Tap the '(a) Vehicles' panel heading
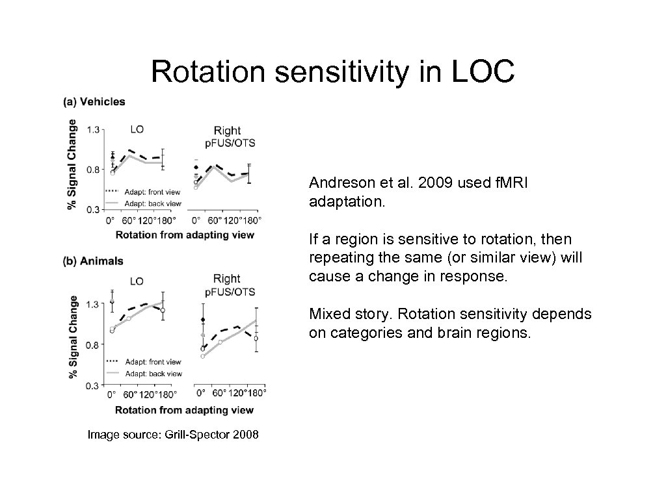click(94, 101)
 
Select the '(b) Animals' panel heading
click(93, 261)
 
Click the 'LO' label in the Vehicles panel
click(138, 129)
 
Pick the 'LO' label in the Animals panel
click(137, 281)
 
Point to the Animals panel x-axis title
click(185, 410)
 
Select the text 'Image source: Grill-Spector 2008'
click(172, 434)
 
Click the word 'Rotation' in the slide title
click(209, 72)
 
